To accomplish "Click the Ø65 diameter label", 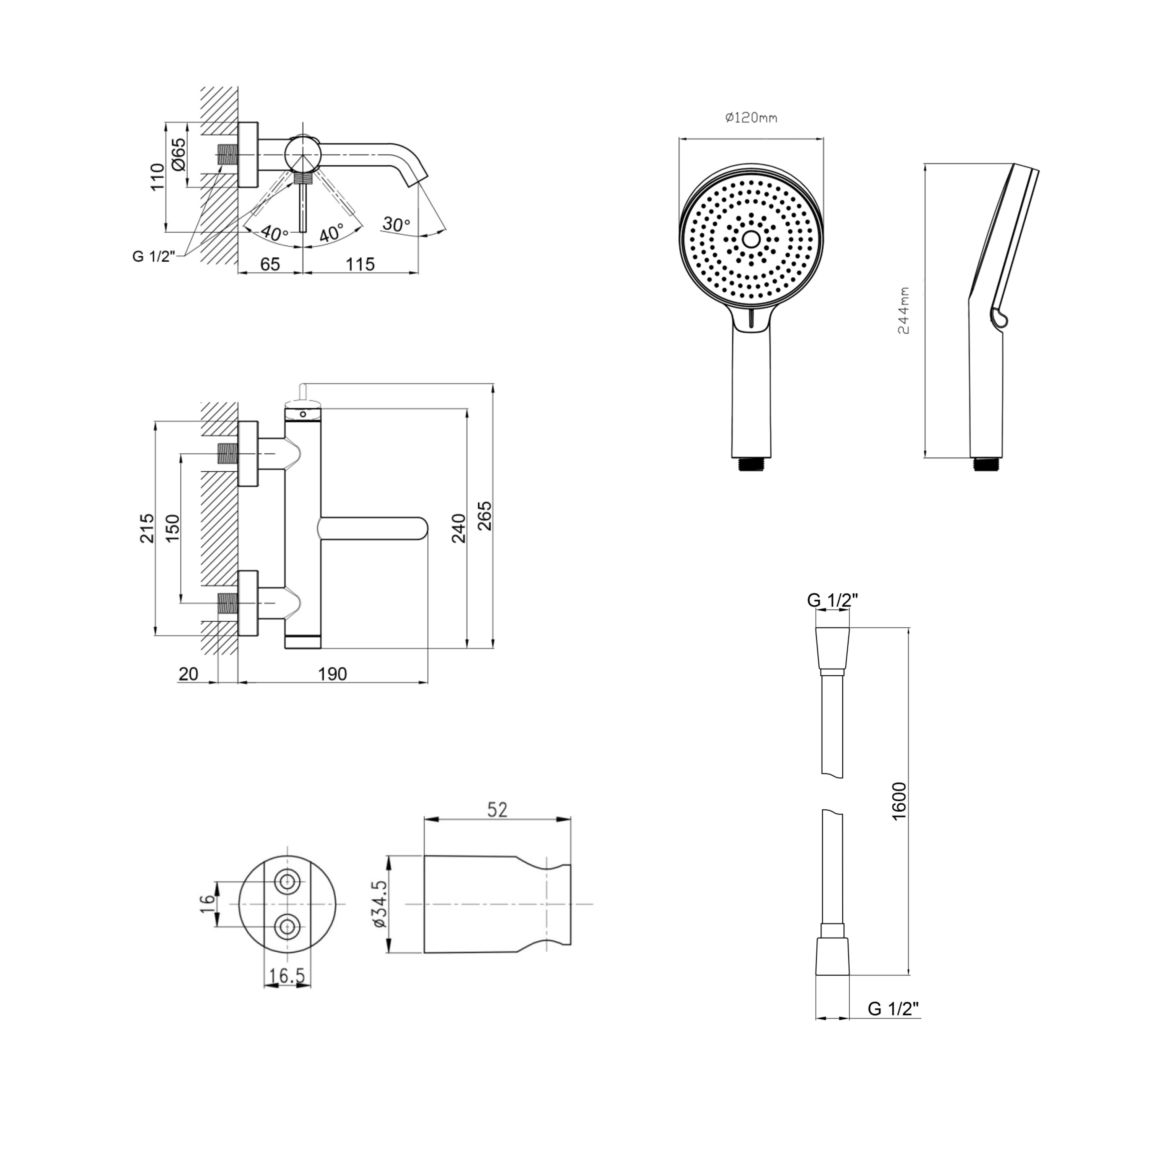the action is pos(178,155).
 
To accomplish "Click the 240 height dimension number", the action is pos(458,528).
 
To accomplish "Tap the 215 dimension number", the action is pos(147,528).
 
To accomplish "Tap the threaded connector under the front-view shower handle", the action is pos(751,464).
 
